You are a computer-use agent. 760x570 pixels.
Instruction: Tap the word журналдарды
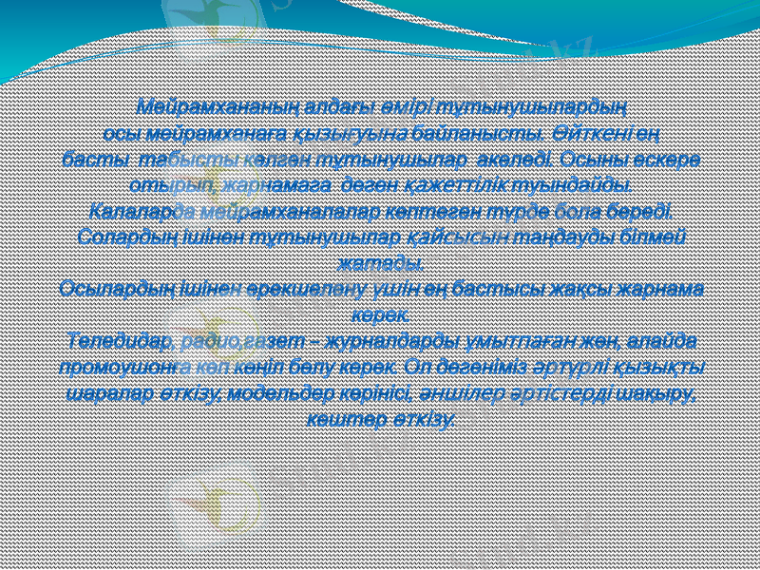394,340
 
